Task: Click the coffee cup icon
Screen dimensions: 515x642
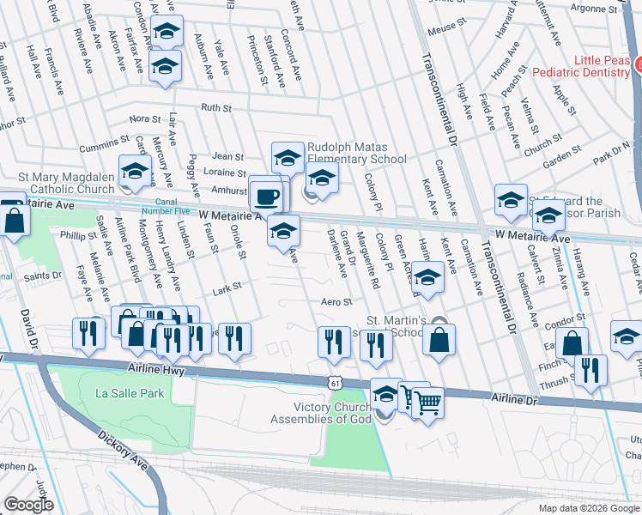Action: point(267,197)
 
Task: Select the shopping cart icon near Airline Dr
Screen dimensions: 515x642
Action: point(427,400)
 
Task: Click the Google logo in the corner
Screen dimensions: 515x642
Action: point(28,505)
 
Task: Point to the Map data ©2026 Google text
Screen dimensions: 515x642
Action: point(588,508)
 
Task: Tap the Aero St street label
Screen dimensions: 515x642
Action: point(336,302)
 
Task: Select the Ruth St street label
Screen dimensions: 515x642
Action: point(216,108)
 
